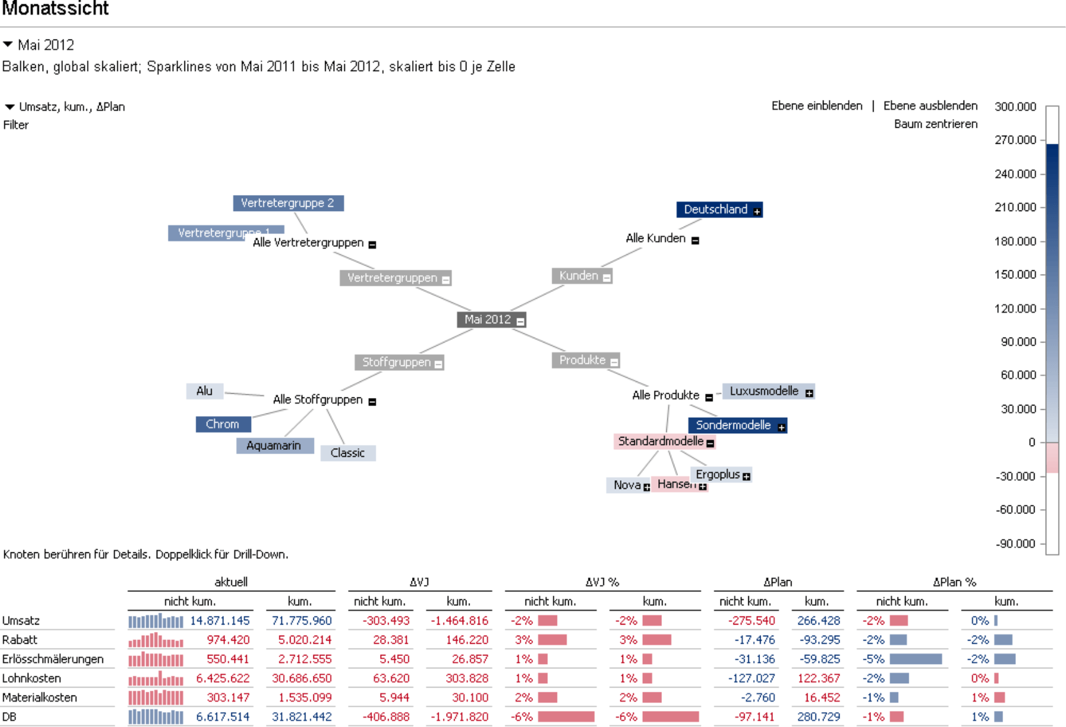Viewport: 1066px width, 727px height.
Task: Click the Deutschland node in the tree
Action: pos(716,210)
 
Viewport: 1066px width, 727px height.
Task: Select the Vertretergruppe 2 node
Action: pos(287,203)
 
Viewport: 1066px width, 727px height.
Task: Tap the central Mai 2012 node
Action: pos(487,320)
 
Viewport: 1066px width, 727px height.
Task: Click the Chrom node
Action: pos(223,425)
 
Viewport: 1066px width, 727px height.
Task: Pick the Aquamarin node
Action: pos(274,446)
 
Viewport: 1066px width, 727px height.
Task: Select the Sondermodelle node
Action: pos(733,425)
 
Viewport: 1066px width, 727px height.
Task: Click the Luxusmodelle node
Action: pos(764,391)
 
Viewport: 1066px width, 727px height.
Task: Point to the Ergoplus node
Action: pos(717,474)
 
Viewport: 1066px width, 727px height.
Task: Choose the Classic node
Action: pos(347,453)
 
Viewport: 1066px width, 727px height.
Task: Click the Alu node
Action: pos(204,391)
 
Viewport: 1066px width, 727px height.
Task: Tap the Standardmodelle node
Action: pos(661,441)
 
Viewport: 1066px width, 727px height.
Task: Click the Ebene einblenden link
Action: pos(817,106)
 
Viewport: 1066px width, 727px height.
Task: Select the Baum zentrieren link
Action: pos(935,124)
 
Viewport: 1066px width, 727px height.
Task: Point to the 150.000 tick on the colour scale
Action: pos(1015,275)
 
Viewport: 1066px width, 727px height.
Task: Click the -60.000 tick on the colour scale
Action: pos(1015,510)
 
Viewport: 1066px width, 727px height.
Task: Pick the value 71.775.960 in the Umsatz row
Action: pos(302,621)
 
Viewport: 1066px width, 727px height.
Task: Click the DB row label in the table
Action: pos(9,717)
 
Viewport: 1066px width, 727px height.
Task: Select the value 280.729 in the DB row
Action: pos(819,717)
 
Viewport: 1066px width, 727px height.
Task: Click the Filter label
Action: pos(16,125)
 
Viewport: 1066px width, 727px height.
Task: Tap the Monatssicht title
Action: pos(56,9)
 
